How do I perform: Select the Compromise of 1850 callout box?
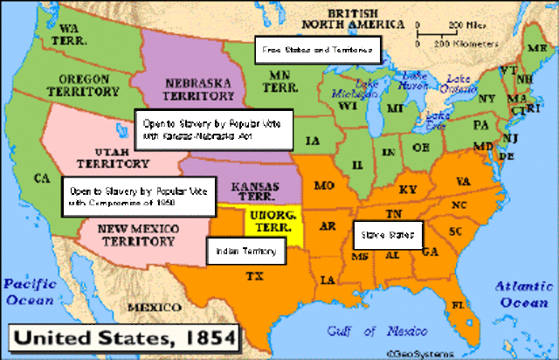click(x=135, y=196)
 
